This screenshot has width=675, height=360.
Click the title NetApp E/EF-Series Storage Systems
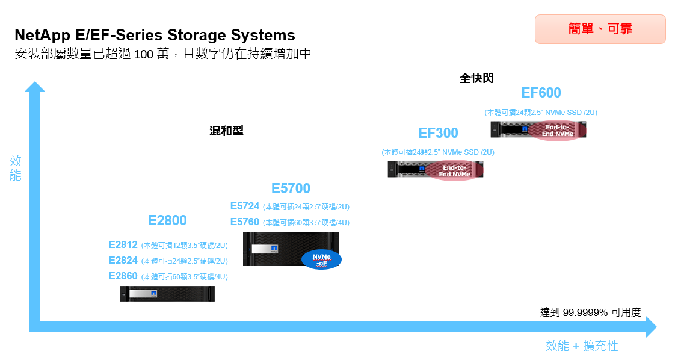coord(155,34)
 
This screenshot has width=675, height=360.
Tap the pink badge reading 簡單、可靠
coord(600,29)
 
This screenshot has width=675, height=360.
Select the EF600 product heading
coord(541,93)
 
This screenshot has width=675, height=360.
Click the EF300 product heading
coord(438,133)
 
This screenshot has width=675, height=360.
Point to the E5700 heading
coord(291,188)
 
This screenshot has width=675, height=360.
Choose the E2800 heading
coord(167,220)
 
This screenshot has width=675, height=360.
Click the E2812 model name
coord(123,245)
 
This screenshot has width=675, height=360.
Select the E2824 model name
coord(123,261)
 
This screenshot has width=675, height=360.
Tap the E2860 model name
coord(123,276)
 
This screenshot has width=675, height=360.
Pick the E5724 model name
coord(245,206)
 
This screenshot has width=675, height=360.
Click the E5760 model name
coord(245,222)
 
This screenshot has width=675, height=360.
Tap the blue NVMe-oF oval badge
coord(321,259)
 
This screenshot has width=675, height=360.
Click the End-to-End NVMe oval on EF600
coord(557,131)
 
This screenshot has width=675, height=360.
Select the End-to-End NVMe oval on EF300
coord(454,171)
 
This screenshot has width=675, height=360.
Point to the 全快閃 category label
coord(476,79)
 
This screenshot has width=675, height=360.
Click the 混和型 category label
coord(226,131)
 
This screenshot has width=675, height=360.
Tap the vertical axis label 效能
coord(16,168)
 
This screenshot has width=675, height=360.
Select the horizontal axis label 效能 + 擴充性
coord(581,346)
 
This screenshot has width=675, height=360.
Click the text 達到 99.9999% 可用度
coord(590,312)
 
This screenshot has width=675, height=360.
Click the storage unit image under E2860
coord(167,294)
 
